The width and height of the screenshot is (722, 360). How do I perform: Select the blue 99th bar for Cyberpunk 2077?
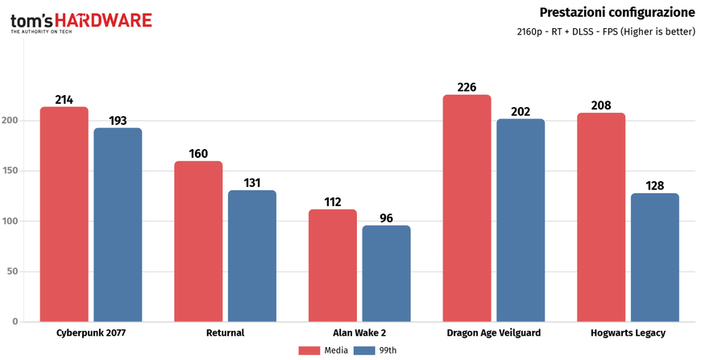pyautogui.click(x=118, y=225)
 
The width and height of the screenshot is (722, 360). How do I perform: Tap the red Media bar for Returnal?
pyautogui.click(x=198, y=242)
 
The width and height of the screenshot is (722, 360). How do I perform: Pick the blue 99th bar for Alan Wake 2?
pyautogui.click(x=386, y=274)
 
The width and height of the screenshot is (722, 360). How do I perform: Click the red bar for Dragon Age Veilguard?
pyautogui.click(x=467, y=209)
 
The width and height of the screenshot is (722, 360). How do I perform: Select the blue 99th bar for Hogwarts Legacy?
pyautogui.click(x=654, y=258)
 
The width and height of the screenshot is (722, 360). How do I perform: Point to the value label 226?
pyautogui.click(x=467, y=87)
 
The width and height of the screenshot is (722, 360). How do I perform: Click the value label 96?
pyautogui.click(x=386, y=217)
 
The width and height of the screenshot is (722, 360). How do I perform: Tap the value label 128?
pyautogui.click(x=654, y=185)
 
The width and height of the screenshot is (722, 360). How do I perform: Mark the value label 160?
pyautogui.click(x=198, y=153)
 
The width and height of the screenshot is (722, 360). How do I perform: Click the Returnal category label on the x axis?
pyautogui.click(x=225, y=333)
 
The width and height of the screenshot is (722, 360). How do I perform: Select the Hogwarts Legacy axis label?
pyautogui.click(x=628, y=333)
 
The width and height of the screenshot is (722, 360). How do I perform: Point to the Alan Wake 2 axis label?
pyautogui.click(x=359, y=333)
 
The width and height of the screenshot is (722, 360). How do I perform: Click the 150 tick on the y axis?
pyautogui.click(x=13, y=171)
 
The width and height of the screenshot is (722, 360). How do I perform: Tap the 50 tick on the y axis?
pyautogui.click(x=15, y=271)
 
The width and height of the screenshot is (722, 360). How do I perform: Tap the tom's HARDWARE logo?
pyautogui.click(x=81, y=21)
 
